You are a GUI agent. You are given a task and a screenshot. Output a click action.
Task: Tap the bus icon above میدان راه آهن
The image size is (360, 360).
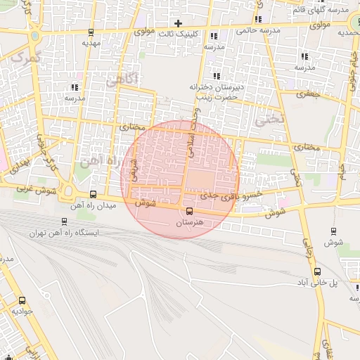tap(94, 195)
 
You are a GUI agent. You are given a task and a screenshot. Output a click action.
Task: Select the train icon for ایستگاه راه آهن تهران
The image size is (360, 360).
tap(65, 221)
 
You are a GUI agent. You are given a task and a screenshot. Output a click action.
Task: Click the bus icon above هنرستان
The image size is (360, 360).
tap(188, 211)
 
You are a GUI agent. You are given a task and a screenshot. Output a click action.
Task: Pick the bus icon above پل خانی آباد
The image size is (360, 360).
tap(318, 271)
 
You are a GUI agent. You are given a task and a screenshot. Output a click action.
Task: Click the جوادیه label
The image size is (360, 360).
tap(23, 311)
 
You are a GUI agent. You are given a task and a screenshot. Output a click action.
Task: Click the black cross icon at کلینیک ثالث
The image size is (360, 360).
tap(178, 23)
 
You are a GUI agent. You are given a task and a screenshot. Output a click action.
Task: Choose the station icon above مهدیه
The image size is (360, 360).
tap(91, 32)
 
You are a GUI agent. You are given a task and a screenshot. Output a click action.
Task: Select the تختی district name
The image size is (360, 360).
tap(270, 120)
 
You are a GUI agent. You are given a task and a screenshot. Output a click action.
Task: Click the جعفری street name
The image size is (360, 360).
tap(308, 94)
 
